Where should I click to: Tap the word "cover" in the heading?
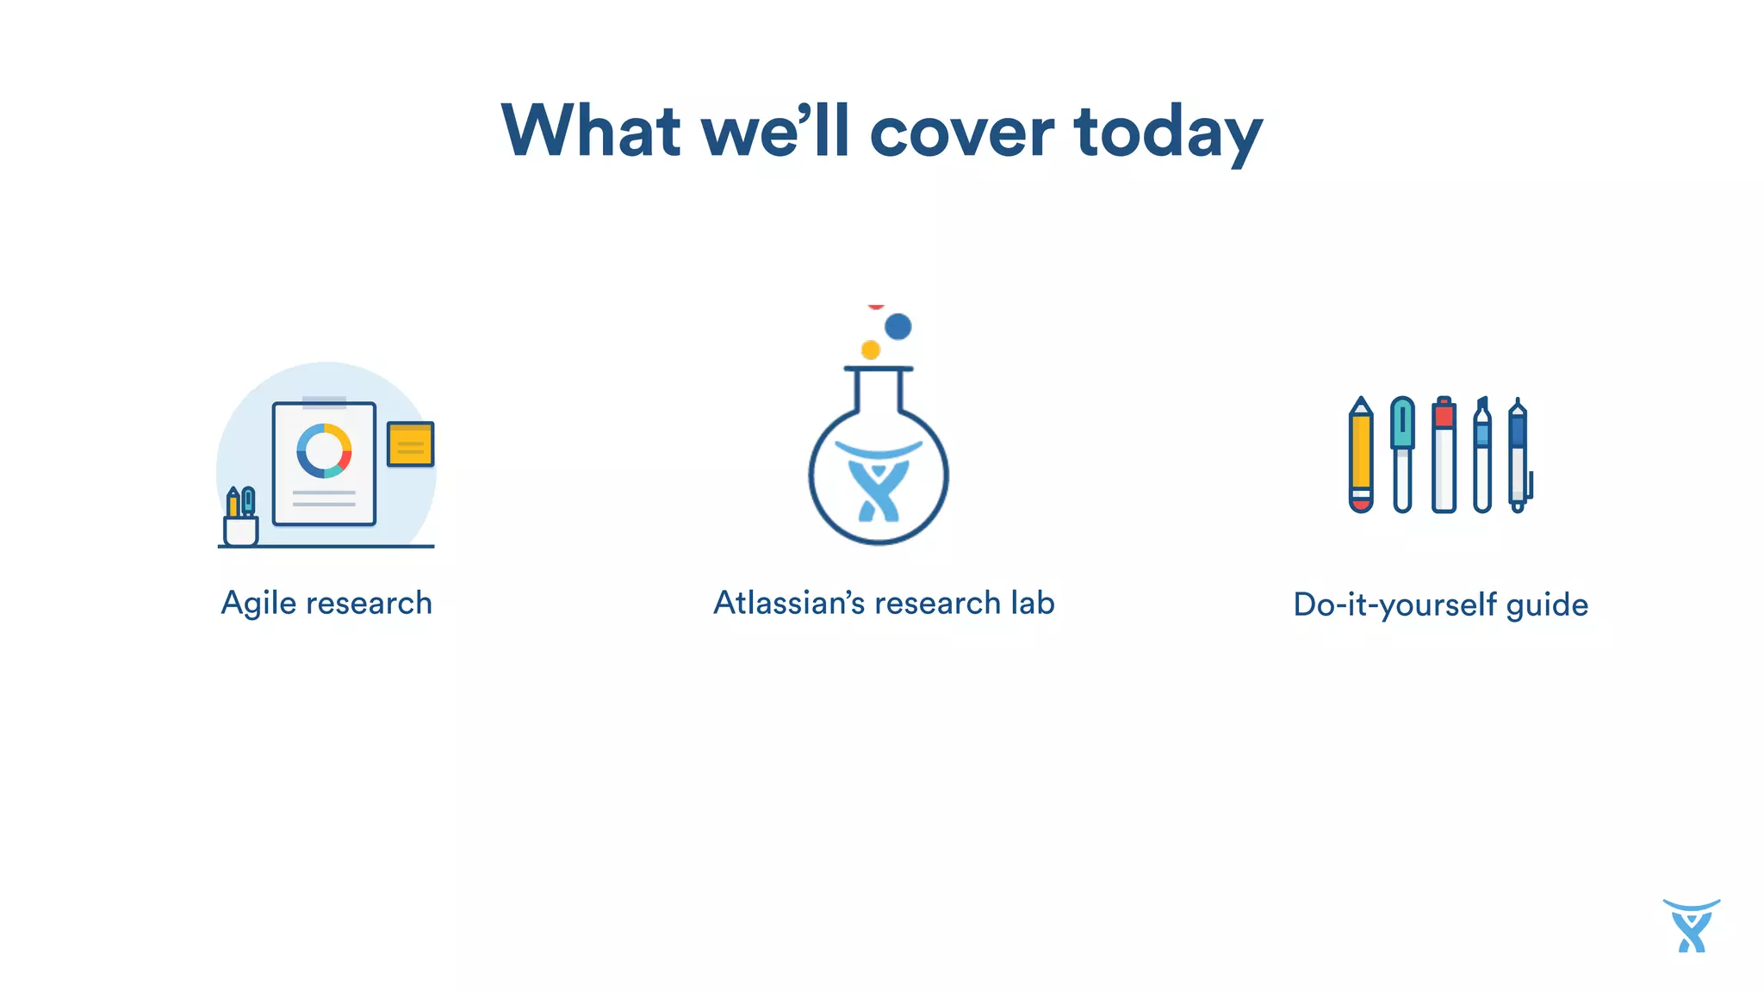tap(962, 133)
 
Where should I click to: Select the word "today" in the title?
tap(1168, 134)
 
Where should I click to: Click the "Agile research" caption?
tap(326, 603)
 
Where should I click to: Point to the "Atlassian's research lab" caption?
tap(884, 603)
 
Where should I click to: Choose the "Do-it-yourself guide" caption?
tap(1440, 604)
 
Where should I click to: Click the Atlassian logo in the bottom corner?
tap(1691, 926)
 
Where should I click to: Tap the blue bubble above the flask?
tap(898, 326)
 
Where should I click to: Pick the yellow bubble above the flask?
tap(871, 350)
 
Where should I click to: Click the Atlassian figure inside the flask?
tap(878, 486)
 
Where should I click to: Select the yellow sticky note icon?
tap(410, 443)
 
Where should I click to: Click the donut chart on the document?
tap(324, 450)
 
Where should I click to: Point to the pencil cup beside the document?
tap(240, 530)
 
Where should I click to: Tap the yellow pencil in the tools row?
tap(1361, 455)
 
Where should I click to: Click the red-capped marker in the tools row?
tap(1444, 454)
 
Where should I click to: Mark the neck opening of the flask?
tap(878, 370)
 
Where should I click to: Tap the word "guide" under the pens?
tap(1547, 604)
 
